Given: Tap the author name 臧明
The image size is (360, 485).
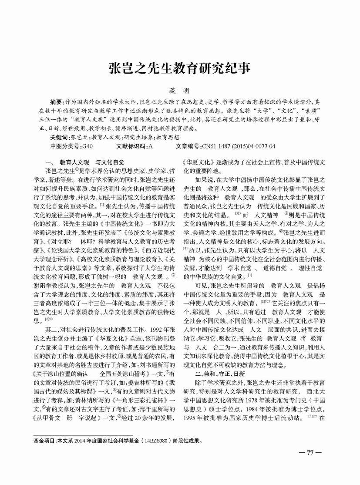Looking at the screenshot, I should [x=180, y=90].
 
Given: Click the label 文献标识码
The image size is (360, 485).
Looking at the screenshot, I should [x=131, y=145].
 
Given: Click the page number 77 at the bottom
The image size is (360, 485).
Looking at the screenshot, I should [x=310, y=452].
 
